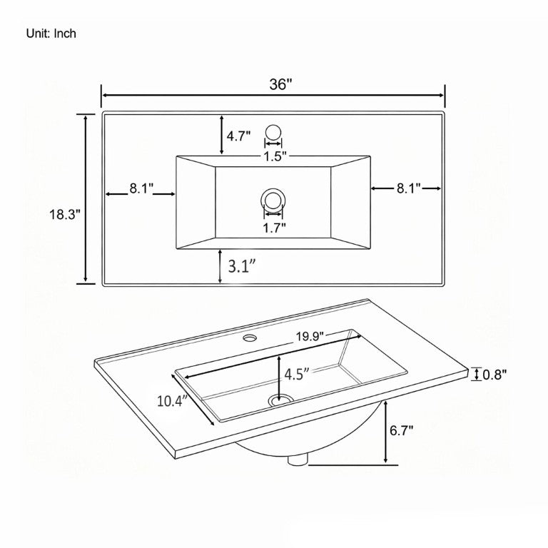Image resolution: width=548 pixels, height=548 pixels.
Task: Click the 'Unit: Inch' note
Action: click(51, 34)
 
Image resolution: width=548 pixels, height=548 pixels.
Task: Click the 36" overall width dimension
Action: click(280, 84)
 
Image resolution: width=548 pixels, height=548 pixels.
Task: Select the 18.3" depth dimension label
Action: click(65, 214)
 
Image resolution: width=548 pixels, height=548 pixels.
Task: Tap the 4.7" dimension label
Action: click(239, 136)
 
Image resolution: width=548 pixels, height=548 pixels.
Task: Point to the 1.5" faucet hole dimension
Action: click(275, 156)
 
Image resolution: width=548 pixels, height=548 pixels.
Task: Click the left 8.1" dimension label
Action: click(141, 188)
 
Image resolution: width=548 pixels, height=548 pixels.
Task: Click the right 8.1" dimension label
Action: click(409, 188)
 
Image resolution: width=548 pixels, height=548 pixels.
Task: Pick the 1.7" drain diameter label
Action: click(274, 228)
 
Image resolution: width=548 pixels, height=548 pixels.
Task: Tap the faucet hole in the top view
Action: click(273, 132)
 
